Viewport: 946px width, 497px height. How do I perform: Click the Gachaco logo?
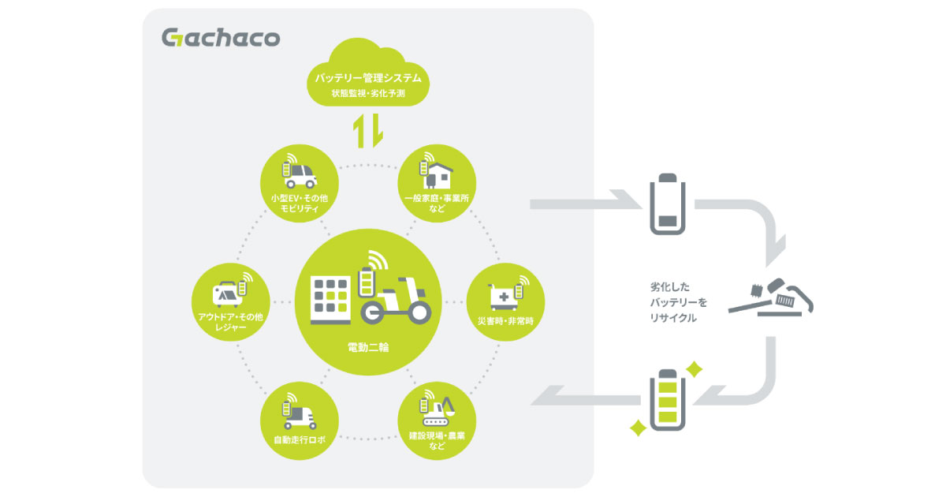click(x=220, y=38)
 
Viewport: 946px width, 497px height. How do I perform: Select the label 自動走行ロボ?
click(x=300, y=439)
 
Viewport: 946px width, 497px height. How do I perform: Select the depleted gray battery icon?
click(x=666, y=206)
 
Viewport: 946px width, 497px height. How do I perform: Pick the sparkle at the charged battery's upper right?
click(x=695, y=368)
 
